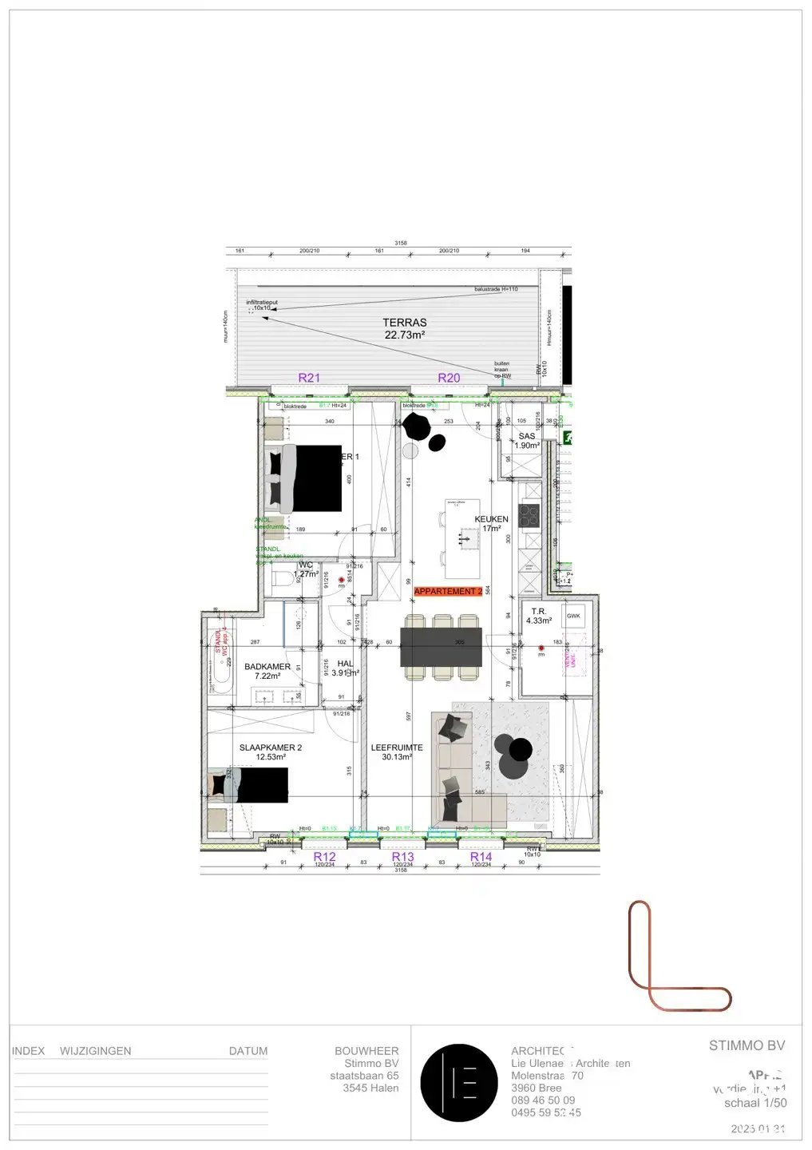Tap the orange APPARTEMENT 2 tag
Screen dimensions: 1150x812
[x=448, y=592]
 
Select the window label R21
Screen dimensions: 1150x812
[x=309, y=378]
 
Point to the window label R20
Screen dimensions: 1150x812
[x=449, y=378]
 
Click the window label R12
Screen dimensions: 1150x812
[x=324, y=856]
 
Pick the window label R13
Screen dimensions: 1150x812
[x=402, y=856]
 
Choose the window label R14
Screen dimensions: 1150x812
[x=481, y=856]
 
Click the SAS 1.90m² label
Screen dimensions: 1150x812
[x=527, y=441]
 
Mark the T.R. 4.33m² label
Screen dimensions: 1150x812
[x=539, y=616]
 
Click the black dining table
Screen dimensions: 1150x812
[x=441, y=647]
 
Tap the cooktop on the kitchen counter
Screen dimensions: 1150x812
[x=529, y=515]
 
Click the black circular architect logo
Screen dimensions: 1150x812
[x=459, y=1083]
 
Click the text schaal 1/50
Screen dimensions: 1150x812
[x=755, y=1103]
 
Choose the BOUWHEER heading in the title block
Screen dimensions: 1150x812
[x=366, y=1051]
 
